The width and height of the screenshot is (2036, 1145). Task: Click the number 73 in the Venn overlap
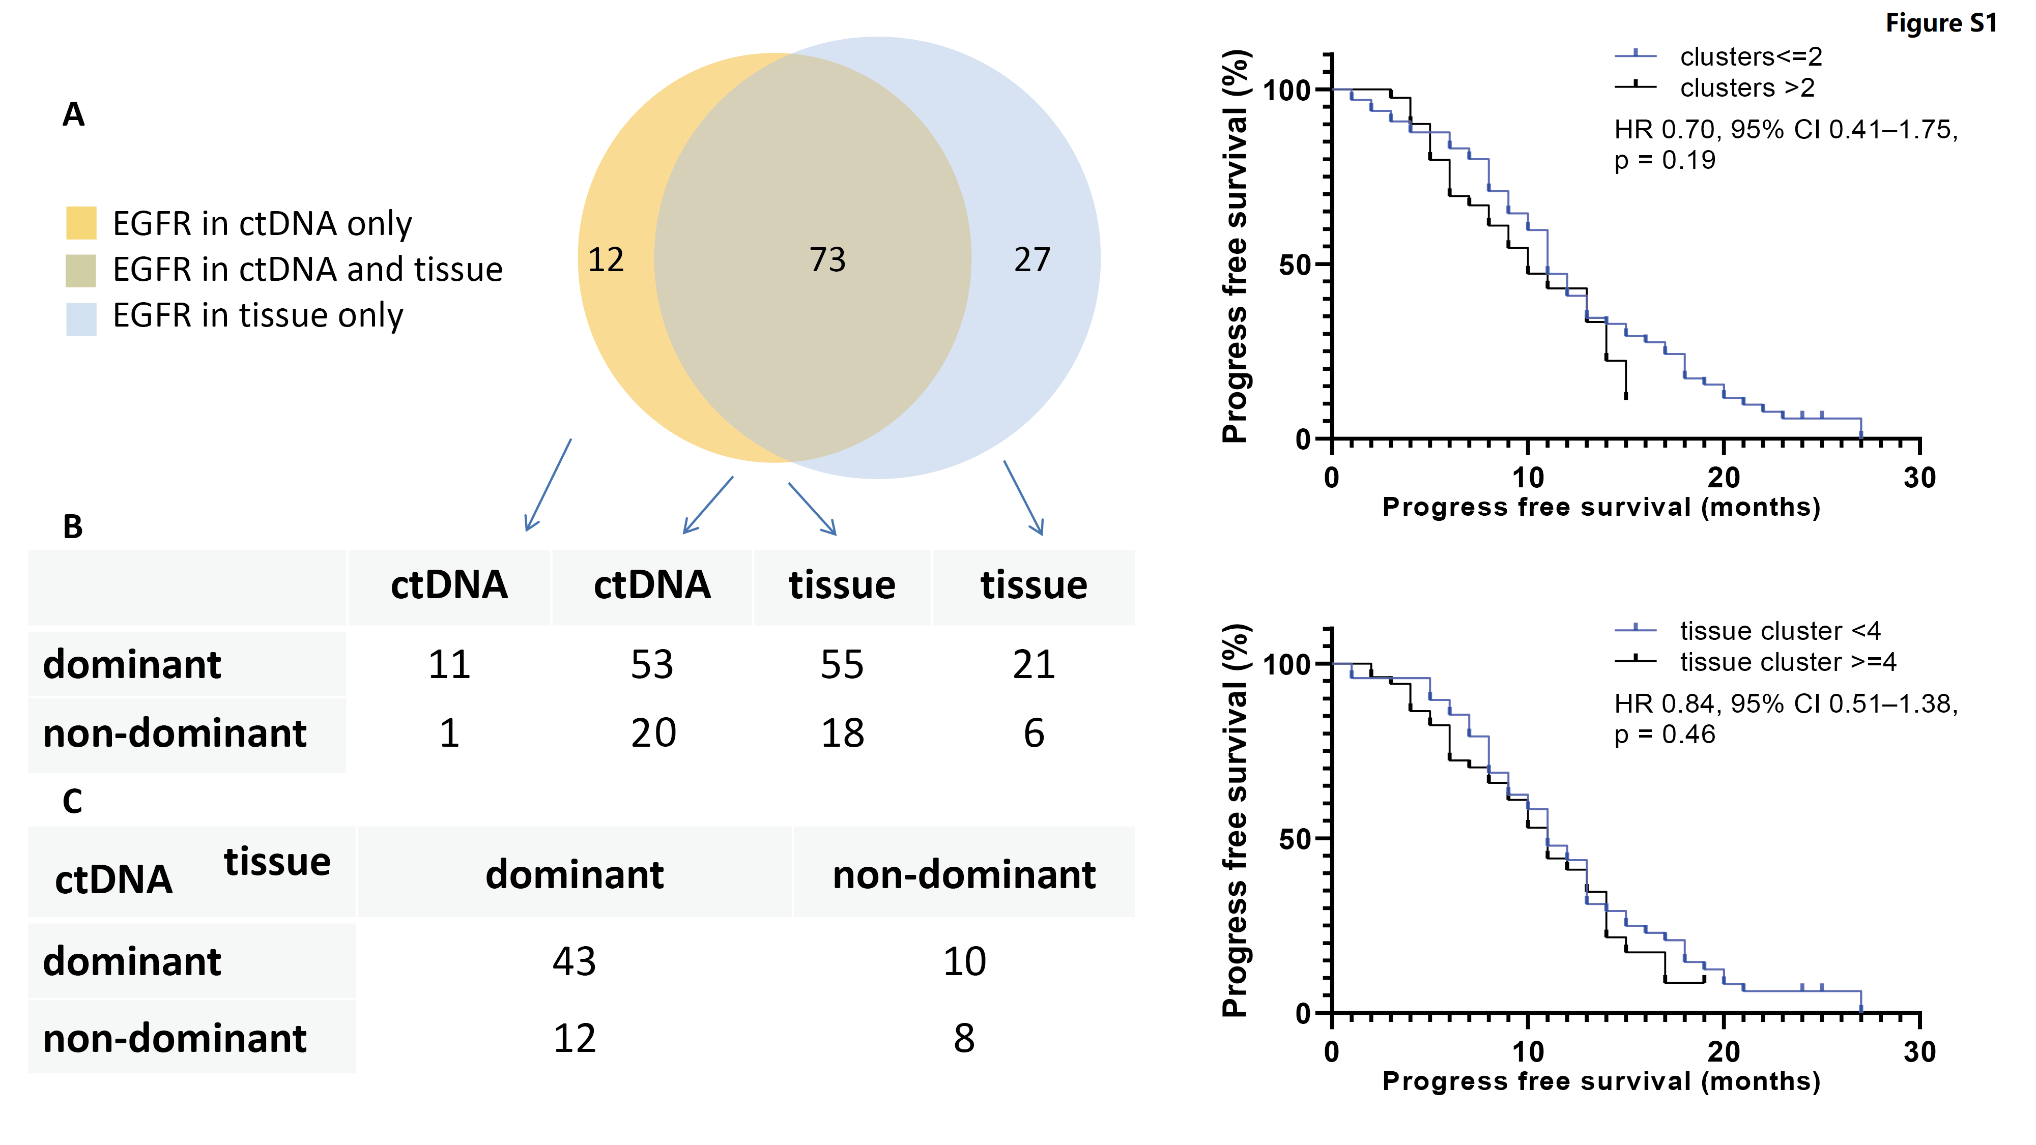tap(827, 260)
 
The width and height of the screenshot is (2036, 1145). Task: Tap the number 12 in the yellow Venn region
tap(606, 260)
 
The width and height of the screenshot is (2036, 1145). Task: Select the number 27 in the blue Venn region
tap(1032, 260)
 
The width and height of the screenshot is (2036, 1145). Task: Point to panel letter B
tap(73, 527)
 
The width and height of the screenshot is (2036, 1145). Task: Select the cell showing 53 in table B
tap(652, 664)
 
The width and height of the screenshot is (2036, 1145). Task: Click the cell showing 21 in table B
tap(1034, 664)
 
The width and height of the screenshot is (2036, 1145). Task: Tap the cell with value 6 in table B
tap(1034, 733)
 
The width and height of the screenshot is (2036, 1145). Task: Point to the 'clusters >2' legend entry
tap(1747, 87)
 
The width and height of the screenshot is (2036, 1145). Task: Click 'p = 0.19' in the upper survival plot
tap(1665, 160)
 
